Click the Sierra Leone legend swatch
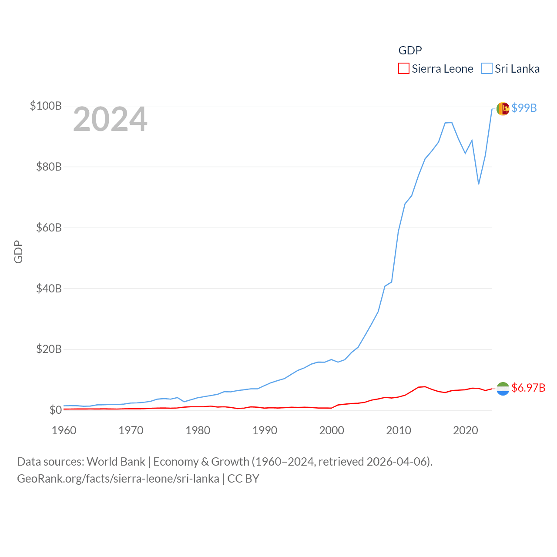(403, 69)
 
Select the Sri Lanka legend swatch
(487, 69)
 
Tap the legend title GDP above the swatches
(410, 50)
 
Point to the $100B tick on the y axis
(45, 106)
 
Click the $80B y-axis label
(49, 167)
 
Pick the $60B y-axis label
(49, 228)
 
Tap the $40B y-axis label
(49, 289)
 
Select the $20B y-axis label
(49, 349)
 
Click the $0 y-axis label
(55, 410)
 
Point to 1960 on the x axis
(64, 430)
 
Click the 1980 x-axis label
(198, 430)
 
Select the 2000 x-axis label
(332, 430)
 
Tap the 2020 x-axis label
(465, 430)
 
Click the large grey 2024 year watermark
(110, 119)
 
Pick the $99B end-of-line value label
(524, 108)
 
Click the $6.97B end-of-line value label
(528, 388)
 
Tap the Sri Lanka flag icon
(503, 109)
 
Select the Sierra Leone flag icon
(503, 389)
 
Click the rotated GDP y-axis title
(18, 252)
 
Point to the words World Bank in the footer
(116, 461)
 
